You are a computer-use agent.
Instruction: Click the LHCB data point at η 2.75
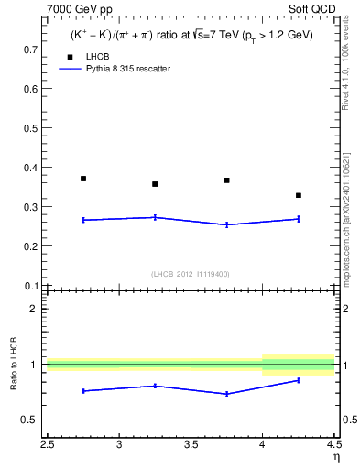pyautogui.click(x=83, y=179)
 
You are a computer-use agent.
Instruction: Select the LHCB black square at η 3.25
pyautogui.click(x=155, y=184)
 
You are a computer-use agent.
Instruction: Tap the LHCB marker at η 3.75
pyautogui.click(x=226, y=180)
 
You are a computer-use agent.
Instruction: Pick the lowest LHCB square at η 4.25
pyautogui.click(x=299, y=195)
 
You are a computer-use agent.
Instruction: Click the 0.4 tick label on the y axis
pyautogui.click(x=30, y=168)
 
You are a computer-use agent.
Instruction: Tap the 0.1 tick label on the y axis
pyautogui.click(x=30, y=286)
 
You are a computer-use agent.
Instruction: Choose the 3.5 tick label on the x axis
pyautogui.click(x=191, y=445)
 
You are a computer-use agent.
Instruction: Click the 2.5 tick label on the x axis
pyautogui.click(x=48, y=445)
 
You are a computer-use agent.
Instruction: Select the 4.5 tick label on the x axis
pyautogui.click(x=333, y=445)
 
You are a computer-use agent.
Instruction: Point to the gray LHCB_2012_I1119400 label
pyautogui.click(x=191, y=274)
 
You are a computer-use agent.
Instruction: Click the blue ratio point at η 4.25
pyautogui.click(x=299, y=380)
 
